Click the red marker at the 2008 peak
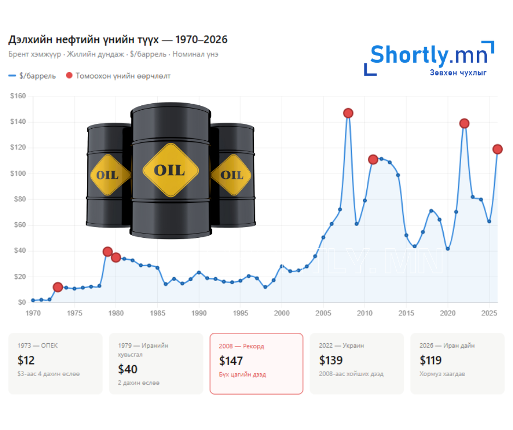pyautogui.click(x=348, y=113)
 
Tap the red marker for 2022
pyautogui.click(x=464, y=123)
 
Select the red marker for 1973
pyautogui.click(x=58, y=287)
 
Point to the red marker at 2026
pyautogui.click(x=497, y=149)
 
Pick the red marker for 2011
pyautogui.click(x=373, y=159)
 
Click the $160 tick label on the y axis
pyautogui.click(x=18, y=96)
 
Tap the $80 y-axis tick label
pyautogui.click(x=19, y=199)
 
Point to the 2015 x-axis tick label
pyautogui.click(x=406, y=313)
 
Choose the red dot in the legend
pyautogui.click(x=69, y=76)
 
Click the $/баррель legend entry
pyautogui.click(x=33, y=76)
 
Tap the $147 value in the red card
pyautogui.click(x=231, y=361)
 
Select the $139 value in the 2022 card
pyautogui.click(x=331, y=360)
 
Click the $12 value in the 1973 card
pyautogui.click(x=26, y=360)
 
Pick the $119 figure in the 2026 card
pyautogui.click(x=431, y=360)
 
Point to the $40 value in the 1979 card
pyautogui.click(x=128, y=369)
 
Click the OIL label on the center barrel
pyautogui.click(x=169, y=170)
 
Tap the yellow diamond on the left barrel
pyautogui.click(x=108, y=175)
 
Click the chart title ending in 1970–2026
pyautogui.click(x=118, y=40)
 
